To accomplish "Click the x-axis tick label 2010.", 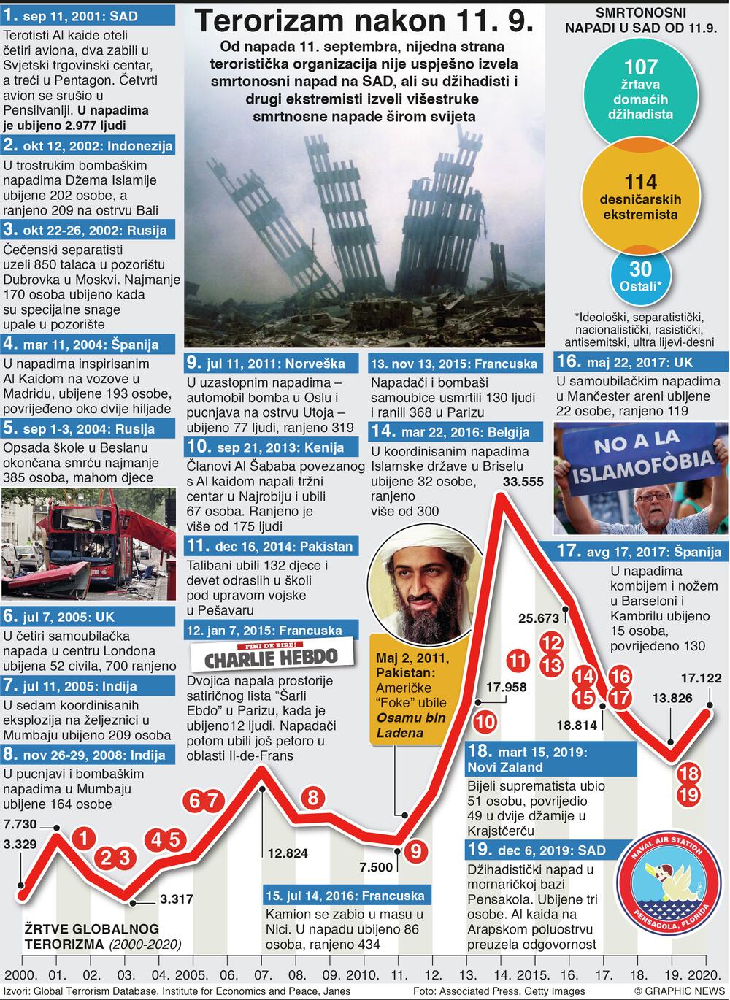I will click(x=361, y=974).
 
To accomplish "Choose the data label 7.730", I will click(x=20, y=825).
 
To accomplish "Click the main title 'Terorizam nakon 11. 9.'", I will click(x=364, y=22).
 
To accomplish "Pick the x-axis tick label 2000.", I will click(x=20, y=974).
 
